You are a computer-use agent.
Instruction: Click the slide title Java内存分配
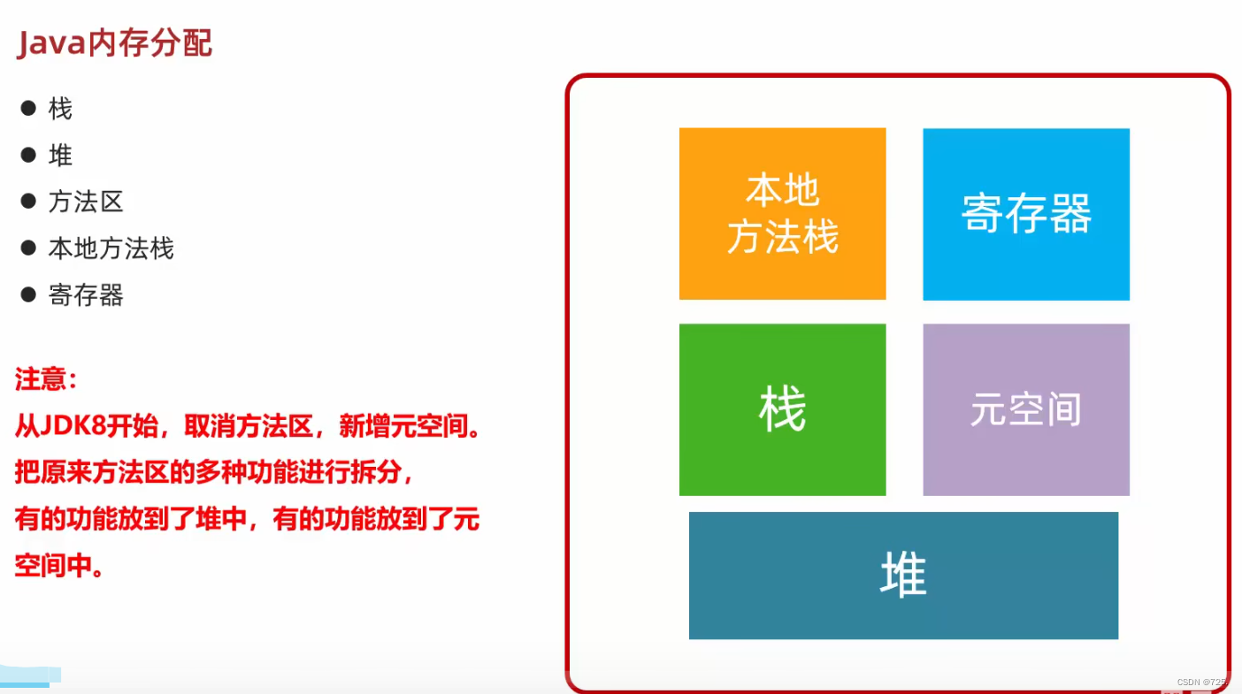point(114,42)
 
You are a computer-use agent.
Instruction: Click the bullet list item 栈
point(60,109)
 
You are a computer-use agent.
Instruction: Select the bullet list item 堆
point(60,156)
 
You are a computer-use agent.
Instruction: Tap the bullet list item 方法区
point(85,202)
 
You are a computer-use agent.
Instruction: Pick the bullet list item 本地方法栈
point(111,248)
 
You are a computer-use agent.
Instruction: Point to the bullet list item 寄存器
point(85,294)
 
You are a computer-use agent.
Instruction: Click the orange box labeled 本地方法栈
point(782,214)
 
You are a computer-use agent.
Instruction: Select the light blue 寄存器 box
point(1026,214)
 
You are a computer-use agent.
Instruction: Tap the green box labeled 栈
point(782,409)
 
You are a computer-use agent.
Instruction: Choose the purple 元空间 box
point(1026,409)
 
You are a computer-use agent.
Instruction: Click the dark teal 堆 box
point(903,575)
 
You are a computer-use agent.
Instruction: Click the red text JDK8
point(75,427)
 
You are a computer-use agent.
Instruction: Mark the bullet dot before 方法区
point(28,201)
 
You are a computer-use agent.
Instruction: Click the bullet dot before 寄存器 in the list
point(28,294)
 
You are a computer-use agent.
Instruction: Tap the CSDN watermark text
point(1202,683)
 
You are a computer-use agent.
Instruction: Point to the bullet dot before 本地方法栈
point(28,247)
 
